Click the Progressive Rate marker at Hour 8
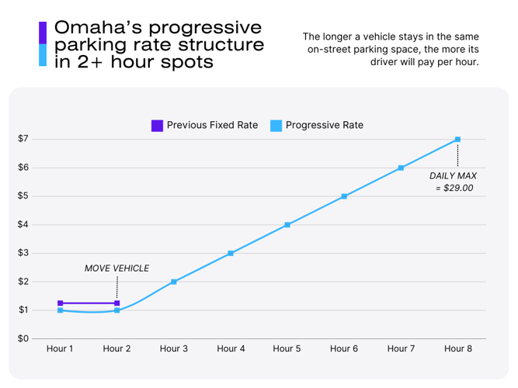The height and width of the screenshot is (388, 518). coord(457,140)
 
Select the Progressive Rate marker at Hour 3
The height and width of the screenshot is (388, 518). coord(174,282)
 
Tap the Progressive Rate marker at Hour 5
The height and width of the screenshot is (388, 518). coord(287,225)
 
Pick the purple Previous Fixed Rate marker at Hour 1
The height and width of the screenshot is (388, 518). coord(60,303)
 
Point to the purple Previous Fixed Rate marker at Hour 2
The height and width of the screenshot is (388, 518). coord(117,303)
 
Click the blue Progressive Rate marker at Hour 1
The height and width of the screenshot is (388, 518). coord(60,310)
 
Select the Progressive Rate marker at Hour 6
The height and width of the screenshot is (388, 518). coord(344,196)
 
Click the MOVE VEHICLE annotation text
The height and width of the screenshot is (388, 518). coord(116,268)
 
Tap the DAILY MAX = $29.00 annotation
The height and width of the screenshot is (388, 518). coord(453,182)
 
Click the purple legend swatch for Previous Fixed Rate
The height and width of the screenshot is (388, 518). coord(157,125)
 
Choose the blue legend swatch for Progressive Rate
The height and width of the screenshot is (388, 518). coord(276,125)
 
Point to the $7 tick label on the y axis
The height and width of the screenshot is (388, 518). coord(23,139)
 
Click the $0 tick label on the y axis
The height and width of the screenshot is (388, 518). coord(23,339)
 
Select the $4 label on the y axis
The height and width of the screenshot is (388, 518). coord(23,225)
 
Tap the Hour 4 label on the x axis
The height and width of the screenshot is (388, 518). coord(231,349)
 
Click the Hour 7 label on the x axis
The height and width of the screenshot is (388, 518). coord(401,349)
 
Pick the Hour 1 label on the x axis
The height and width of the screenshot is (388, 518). coord(60,349)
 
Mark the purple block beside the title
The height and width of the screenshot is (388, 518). coord(43,32)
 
